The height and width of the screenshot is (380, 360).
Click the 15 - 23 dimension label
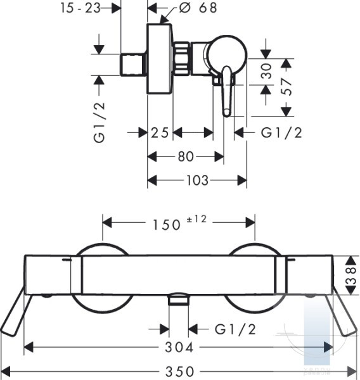(x=80, y=8)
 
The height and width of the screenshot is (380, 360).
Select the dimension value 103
(x=197, y=180)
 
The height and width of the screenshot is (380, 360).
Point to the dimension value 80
(x=186, y=156)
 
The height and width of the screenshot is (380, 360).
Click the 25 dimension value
(x=160, y=133)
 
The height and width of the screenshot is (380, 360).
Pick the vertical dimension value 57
(x=286, y=86)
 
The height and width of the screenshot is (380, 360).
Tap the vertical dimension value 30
(x=266, y=71)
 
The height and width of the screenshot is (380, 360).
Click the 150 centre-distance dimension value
(x=167, y=225)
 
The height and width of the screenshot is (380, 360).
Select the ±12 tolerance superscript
(x=196, y=219)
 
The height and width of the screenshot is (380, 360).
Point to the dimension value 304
(x=179, y=347)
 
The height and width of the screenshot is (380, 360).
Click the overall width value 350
(x=179, y=371)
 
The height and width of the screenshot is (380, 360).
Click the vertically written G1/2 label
(x=100, y=122)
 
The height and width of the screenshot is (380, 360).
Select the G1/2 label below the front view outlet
(x=235, y=329)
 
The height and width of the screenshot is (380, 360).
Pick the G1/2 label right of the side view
(x=281, y=133)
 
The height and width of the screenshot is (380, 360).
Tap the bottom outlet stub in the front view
(x=179, y=300)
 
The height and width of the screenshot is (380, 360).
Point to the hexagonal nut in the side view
(x=181, y=59)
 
